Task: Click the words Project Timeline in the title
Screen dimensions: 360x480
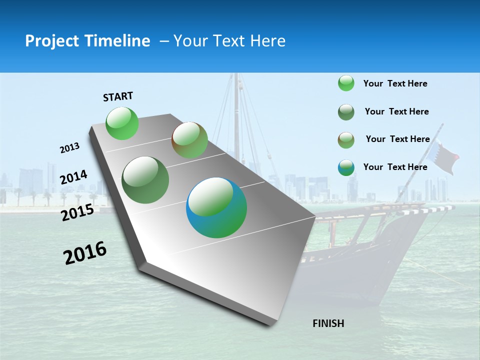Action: pos(87,41)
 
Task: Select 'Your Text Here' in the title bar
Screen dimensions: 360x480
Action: pos(229,41)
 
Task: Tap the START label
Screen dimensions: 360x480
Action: pos(118,96)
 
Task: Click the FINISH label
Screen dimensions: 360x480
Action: pos(328,323)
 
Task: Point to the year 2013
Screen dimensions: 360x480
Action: pos(69,148)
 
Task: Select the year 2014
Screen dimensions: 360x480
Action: pos(73,177)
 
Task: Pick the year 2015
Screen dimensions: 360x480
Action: pos(77,212)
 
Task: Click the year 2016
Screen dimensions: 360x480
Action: pos(85,253)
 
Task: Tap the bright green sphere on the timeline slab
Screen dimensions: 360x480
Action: pos(122,123)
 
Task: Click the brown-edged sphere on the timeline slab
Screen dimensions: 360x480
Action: pos(189,140)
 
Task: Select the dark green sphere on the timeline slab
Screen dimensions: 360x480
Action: pos(145,180)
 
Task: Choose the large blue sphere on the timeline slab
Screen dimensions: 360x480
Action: pos(216,207)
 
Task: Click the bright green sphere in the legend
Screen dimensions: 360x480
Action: pos(346,83)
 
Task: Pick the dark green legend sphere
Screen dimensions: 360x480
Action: pos(346,112)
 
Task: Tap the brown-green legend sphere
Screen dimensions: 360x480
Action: pos(346,140)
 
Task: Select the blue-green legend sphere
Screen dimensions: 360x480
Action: pos(346,167)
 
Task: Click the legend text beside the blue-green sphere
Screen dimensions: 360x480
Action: pos(395,167)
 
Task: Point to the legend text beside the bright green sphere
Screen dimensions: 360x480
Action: pos(395,83)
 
